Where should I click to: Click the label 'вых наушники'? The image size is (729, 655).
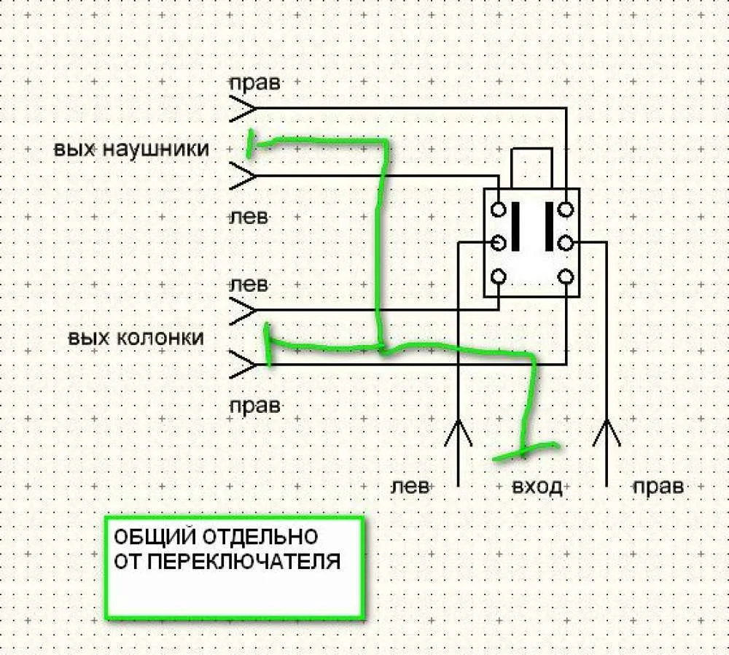point(131,150)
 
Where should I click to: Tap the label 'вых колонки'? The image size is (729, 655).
point(136,338)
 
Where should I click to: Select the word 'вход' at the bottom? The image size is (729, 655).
point(537,487)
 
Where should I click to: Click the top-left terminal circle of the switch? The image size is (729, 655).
point(499,209)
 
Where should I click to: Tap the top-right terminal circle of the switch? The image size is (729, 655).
point(566,209)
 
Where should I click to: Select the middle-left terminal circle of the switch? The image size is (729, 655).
point(499,242)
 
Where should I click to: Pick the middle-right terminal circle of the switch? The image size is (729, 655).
point(566,242)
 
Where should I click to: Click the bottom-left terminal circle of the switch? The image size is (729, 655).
point(499,276)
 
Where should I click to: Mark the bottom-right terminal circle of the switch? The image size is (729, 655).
point(566,276)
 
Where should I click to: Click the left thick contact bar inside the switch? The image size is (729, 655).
point(516,226)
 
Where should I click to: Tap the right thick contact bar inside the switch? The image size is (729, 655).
point(548,226)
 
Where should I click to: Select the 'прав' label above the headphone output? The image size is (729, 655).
point(254,82)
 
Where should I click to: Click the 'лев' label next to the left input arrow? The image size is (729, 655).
point(410,487)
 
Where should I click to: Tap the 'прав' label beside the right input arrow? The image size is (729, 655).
point(658,487)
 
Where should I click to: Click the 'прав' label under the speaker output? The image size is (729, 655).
point(254,406)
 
